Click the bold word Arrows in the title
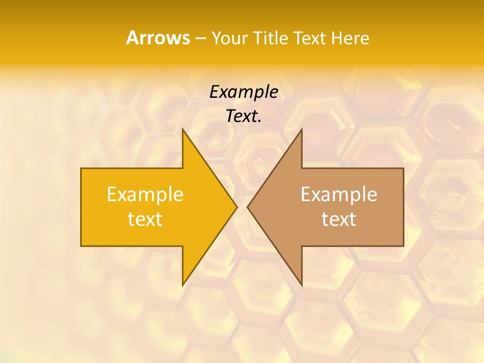(157, 38)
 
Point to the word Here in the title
(350, 38)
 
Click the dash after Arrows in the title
(200, 38)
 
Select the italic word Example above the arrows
(244, 92)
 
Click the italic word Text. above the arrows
(244, 116)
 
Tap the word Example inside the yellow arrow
(145, 194)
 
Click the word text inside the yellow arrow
(145, 219)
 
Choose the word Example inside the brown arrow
(339, 194)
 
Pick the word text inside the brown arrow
(339, 219)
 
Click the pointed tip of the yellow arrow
(236, 207)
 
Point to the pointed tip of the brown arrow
(248, 207)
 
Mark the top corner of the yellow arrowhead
(183, 129)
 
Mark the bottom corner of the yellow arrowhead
(183, 285)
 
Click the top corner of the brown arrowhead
(301, 129)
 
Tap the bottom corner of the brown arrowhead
(301, 285)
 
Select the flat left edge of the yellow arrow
(81, 207)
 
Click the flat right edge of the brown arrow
(403, 207)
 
